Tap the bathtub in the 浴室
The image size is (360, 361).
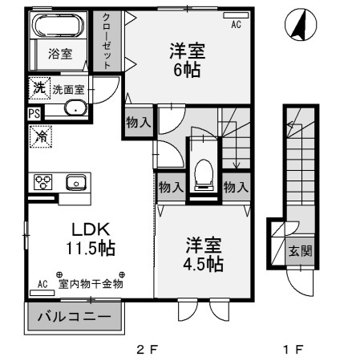[x=59, y=26]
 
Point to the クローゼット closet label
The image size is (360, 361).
[x=106, y=41]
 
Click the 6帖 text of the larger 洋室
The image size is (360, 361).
[x=185, y=69]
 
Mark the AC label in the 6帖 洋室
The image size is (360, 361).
[x=236, y=26]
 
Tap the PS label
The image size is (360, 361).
[x=33, y=113]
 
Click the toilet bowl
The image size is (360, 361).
[x=204, y=170]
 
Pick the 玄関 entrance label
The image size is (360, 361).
[x=301, y=250]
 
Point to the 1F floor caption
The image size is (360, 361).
[x=293, y=350]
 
